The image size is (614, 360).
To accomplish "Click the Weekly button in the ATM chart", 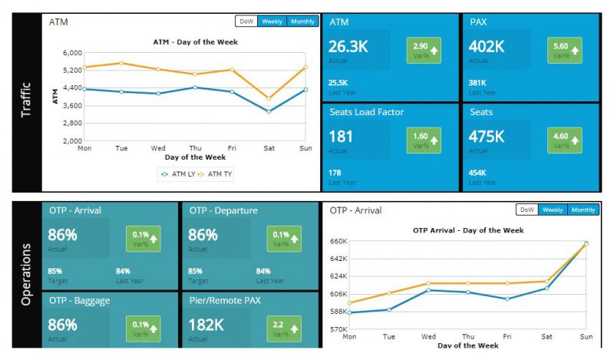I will click(x=272, y=21).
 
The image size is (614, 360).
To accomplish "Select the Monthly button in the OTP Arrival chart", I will click(x=583, y=210).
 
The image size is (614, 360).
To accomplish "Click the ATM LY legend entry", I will click(x=177, y=174).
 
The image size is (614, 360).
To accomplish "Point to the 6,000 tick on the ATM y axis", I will click(x=71, y=53).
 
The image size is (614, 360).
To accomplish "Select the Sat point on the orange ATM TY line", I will click(x=268, y=98).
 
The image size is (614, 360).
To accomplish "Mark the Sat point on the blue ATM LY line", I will click(x=268, y=111).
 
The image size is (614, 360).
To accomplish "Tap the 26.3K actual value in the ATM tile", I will click(x=349, y=47).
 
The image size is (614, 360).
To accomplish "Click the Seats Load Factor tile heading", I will click(x=367, y=112).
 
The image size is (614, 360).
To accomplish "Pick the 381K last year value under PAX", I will click(x=478, y=82).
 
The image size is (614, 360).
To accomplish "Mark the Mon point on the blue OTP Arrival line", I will click(x=350, y=312).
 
